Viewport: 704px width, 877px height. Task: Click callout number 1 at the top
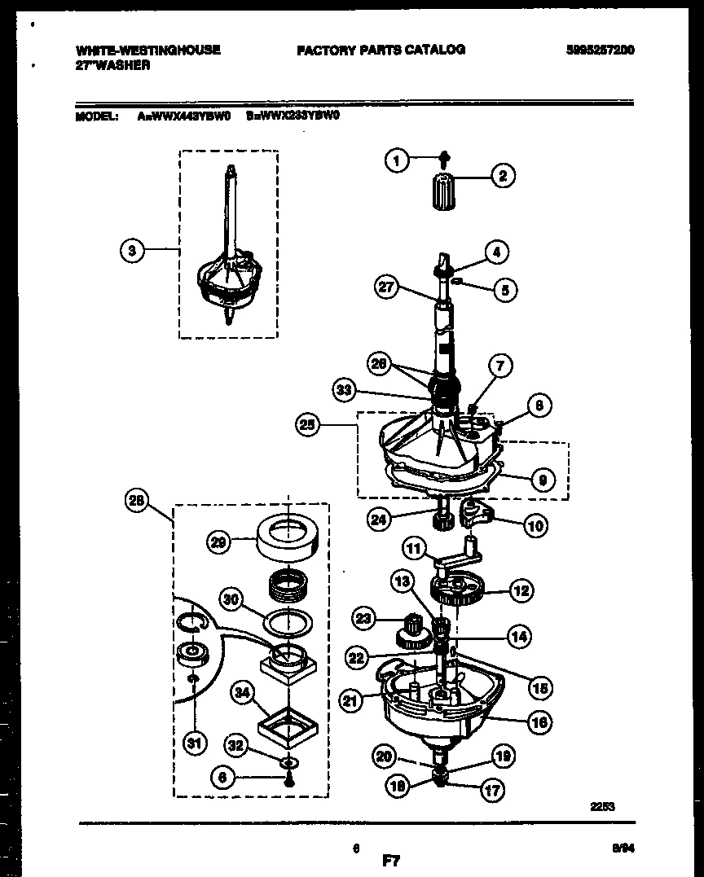coord(397,161)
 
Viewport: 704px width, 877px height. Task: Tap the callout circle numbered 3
coord(132,251)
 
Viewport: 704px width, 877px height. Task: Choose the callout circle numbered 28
coord(136,502)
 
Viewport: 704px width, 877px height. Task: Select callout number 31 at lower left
coord(195,742)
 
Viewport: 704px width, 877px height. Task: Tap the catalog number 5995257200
coord(600,50)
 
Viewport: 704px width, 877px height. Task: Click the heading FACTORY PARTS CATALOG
coord(381,50)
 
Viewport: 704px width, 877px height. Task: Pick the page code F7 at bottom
coord(391,859)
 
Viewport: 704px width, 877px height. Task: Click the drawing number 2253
coord(602,806)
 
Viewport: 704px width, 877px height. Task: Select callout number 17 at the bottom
coord(493,789)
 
